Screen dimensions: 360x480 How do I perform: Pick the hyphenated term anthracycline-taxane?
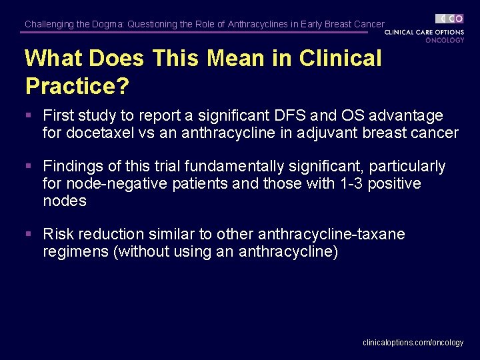331,235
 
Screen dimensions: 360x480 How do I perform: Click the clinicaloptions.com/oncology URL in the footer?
413,343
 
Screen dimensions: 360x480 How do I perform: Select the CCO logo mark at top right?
450,19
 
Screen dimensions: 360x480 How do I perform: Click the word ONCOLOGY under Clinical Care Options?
445,40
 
